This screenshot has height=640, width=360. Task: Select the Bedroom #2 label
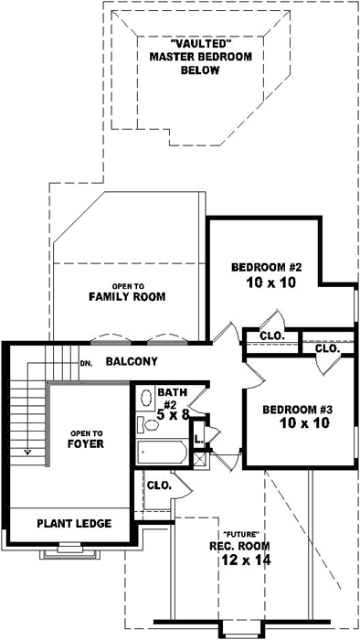click(x=265, y=267)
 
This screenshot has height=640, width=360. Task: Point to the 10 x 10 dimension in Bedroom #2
click(x=265, y=284)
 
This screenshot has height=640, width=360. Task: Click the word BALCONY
click(x=132, y=362)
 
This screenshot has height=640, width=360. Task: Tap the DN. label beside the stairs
click(x=87, y=363)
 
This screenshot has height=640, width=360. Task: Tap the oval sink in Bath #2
click(x=145, y=398)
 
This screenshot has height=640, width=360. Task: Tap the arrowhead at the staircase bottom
click(x=28, y=451)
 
